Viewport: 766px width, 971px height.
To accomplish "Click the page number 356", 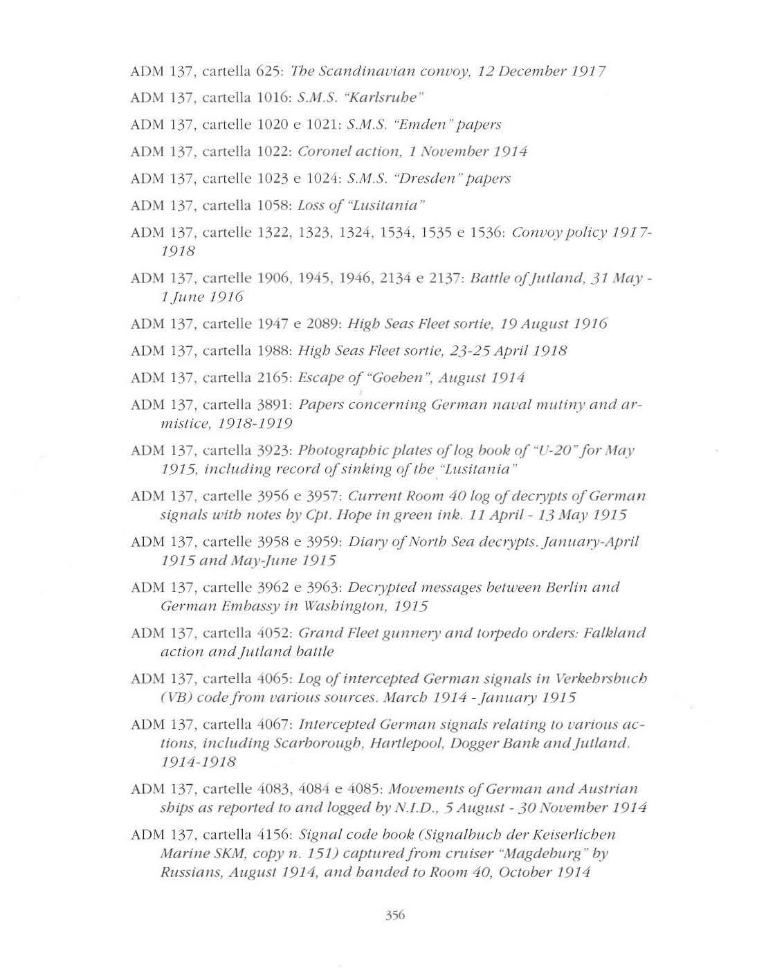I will (x=394, y=915).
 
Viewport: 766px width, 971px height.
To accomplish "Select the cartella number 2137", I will (x=444, y=278).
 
